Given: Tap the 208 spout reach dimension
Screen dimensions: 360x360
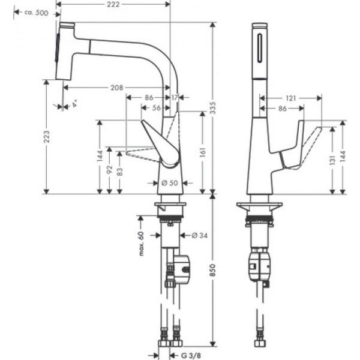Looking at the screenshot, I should coord(118,88).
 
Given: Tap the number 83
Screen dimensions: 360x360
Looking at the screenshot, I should coord(120,171).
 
